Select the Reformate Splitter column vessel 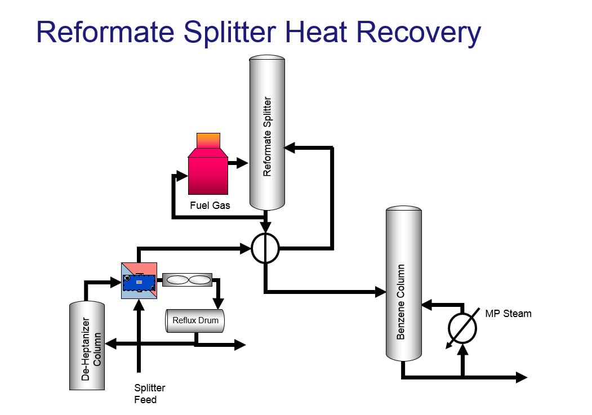(267, 135)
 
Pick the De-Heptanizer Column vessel (87, 346)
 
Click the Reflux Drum (194, 320)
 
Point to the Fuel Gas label (210, 206)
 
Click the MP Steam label (508, 313)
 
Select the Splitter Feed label (149, 394)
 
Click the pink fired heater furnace (208, 172)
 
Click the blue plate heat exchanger (140, 280)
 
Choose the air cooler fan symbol (187, 279)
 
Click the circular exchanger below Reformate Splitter (265, 248)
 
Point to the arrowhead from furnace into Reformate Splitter (243, 163)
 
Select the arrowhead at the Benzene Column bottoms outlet (522, 377)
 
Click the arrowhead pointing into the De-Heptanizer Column (110, 343)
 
